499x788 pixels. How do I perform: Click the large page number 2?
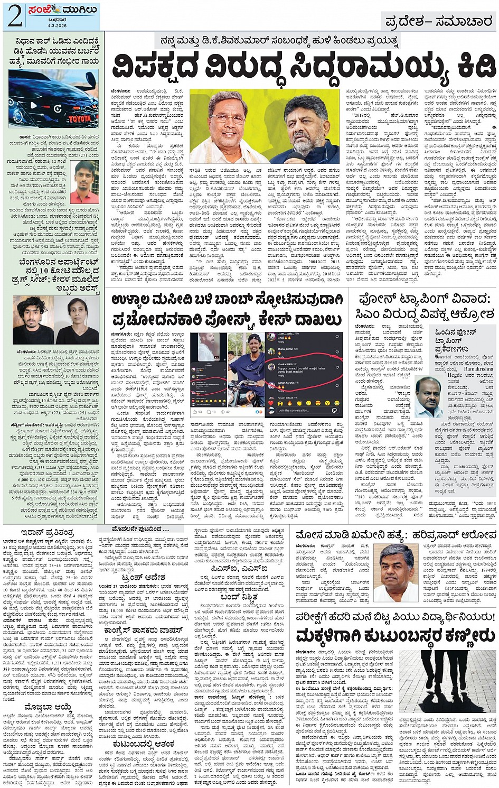pyautogui.click(x=15, y=18)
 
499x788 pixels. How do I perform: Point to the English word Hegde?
pyautogui.click(x=455, y=375)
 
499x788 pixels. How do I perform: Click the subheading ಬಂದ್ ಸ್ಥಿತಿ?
pyautogui.click(x=242, y=597)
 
